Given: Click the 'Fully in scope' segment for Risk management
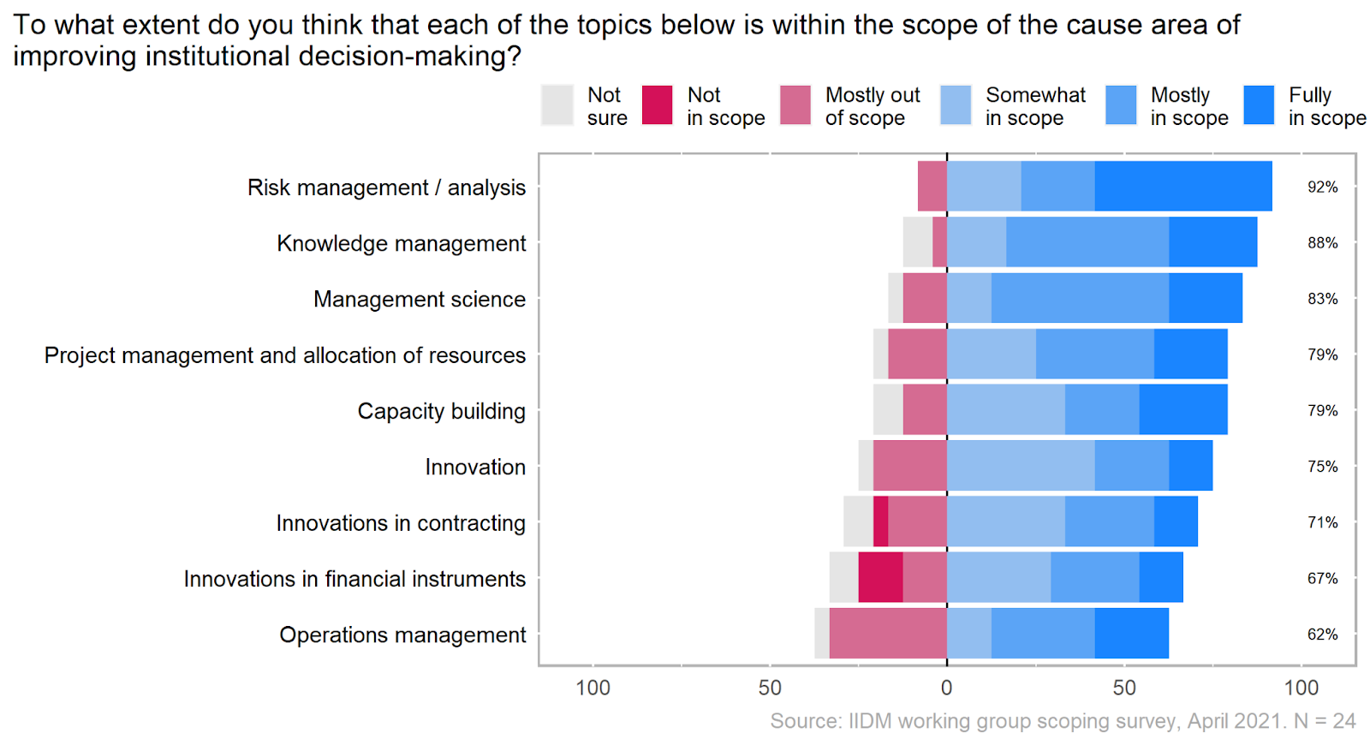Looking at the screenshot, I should pos(1182,186).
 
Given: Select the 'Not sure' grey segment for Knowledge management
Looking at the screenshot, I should pos(917,242).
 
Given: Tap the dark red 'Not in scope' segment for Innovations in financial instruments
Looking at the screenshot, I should pos(880,577).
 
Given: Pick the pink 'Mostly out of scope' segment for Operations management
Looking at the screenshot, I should pos(888,634).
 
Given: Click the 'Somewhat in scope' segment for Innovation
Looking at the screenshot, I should pos(1021,466).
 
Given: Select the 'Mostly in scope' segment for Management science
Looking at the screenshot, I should pos(1080,298).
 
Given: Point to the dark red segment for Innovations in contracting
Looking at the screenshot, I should pos(880,521).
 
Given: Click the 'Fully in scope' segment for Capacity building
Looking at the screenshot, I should pos(1182,410).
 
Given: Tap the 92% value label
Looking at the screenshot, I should pos(1322,187).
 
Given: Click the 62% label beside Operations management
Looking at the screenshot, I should pos(1322,635).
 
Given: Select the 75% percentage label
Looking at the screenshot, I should pos(1322,467).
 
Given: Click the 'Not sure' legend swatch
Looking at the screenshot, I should pos(557,105).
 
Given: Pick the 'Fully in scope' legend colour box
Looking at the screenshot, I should pos(1259,105).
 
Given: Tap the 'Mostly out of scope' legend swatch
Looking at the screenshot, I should pos(795,105).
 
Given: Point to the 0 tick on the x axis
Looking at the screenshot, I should pos(946,688).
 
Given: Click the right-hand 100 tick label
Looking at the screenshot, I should pos(1301,688).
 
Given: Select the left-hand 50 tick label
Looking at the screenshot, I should pos(770,688).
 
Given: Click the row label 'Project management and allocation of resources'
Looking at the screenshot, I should pos(285,355).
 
